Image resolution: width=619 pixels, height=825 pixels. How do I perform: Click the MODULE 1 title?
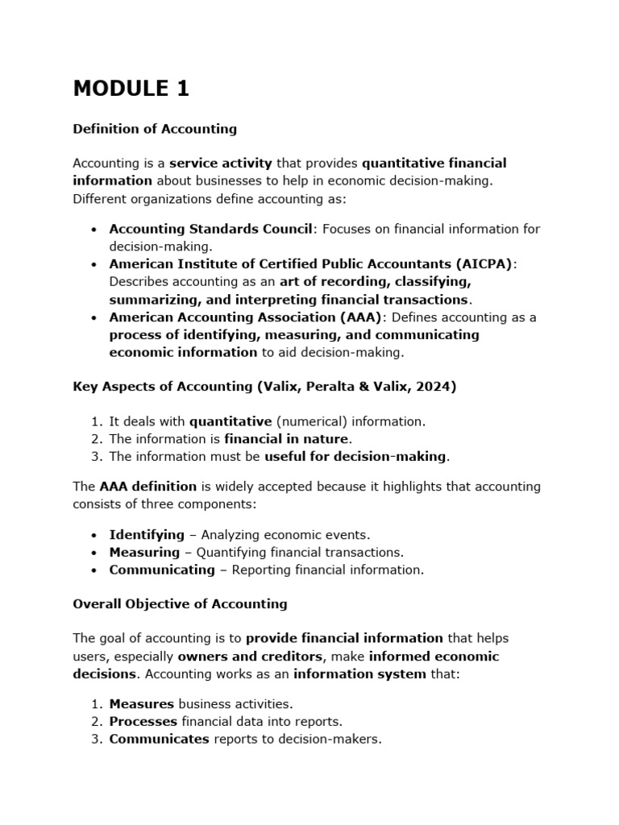coord(131,89)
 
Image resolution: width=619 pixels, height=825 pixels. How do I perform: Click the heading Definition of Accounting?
coord(155,129)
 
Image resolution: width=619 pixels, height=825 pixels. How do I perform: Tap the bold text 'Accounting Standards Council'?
coord(210,229)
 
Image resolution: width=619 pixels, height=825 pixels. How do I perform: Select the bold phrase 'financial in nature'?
coord(286,439)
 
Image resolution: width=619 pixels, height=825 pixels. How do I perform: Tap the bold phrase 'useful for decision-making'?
coord(355,457)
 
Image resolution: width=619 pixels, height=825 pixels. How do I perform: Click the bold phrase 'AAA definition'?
coord(147,487)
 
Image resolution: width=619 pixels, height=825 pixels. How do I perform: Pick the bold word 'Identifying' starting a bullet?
coord(147,535)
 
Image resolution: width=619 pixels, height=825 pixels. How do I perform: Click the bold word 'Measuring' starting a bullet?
coord(144,553)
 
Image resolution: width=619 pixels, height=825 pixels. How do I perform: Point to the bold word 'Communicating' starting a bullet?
coord(162,570)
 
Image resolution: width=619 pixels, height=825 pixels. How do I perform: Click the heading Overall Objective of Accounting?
coord(180,603)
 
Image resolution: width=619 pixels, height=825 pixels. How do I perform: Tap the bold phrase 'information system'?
coord(359,674)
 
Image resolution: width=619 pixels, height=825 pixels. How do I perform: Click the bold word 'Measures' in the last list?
coord(142,704)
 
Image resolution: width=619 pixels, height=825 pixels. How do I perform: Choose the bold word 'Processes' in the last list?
coord(143,722)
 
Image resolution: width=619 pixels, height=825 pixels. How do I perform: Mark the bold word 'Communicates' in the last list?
coord(159,739)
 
